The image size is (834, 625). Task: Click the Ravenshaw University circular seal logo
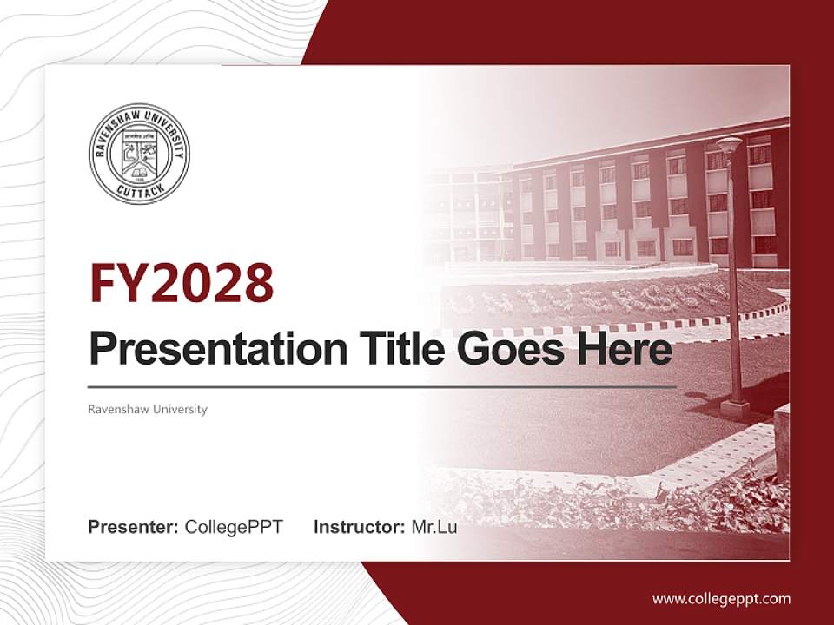coord(139,154)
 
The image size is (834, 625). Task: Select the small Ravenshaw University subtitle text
coord(148,409)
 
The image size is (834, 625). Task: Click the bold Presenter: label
coord(134,526)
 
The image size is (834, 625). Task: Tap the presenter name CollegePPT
coord(234,526)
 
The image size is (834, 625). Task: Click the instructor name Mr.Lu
coord(434,526)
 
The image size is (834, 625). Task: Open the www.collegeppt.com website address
coord(721,598)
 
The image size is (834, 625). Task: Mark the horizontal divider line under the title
coord(382,386)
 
